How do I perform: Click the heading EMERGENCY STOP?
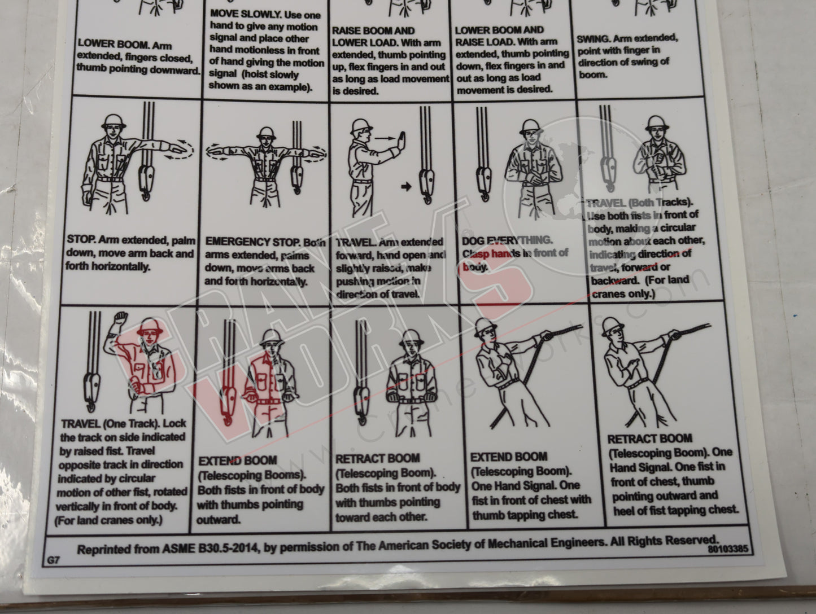point(246,242)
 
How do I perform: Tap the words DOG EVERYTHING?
point(507,240)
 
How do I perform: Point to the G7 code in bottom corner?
point(54,560)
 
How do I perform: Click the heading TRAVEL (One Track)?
point(123,423)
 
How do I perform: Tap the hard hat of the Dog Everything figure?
point(530,126)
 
